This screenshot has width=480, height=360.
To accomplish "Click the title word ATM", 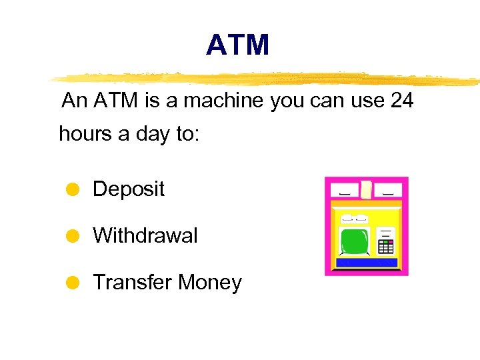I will [x=237, y=45].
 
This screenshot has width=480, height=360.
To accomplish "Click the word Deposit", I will [x=129, y=189].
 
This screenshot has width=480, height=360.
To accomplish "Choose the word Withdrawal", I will [x=145, y=235].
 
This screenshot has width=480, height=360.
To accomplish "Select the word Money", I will [x=209, y=283].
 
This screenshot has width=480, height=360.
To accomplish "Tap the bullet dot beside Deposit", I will [x=74, y=189].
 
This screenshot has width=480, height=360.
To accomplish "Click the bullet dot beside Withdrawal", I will [x=74, y=235].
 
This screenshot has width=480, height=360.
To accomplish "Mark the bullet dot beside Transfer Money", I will [x=74, y=283].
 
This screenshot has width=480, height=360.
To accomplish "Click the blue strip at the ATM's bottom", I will [x=367, y=263].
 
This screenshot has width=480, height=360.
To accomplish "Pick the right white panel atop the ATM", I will [x=388, y=189].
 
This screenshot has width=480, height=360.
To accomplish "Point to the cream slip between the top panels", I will [x=366, y=190].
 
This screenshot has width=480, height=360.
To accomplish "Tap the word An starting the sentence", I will [x=74, y=101].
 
